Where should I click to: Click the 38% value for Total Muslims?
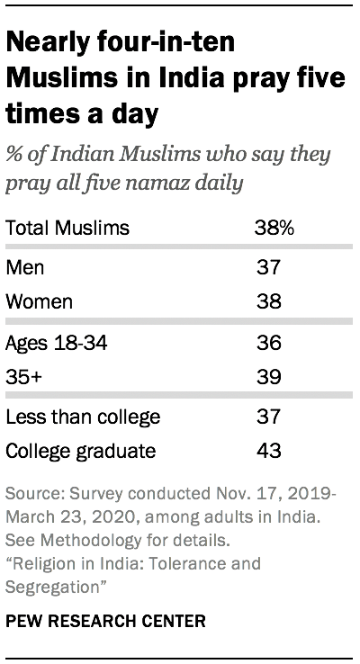tap(274, 228)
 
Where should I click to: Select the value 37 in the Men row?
tap(269, 268)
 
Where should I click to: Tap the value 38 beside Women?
tap(269, 301)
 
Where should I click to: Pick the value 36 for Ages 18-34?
tap(269, 343)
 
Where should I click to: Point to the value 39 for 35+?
tap(269, 376)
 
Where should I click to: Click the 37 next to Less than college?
tap(269, 417)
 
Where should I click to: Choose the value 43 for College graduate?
tap(269, 450)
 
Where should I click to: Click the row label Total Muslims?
tap(67, 228)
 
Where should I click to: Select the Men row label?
tap(24, 268)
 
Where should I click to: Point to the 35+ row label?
tap(22, 376)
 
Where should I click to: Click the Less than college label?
tap(83, 417)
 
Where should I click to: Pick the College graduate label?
tap(79, 450)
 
